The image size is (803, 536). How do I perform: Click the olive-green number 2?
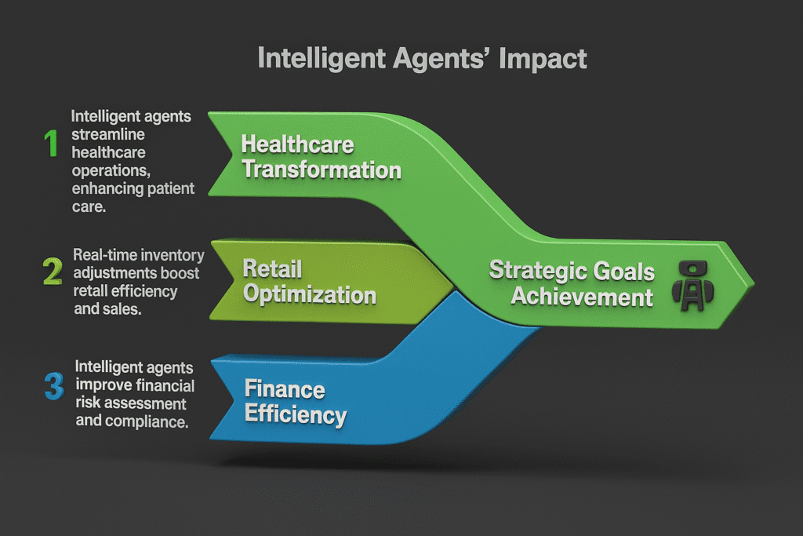(52, 271)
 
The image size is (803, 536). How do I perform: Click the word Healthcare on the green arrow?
(297, 144)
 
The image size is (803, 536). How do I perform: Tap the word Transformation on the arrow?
(321, 170)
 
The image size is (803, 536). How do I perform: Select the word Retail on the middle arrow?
(272, 269)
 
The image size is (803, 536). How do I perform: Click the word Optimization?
(309, 294)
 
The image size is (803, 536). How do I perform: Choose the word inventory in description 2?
(172, 254)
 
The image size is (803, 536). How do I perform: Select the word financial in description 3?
(161, 385)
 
